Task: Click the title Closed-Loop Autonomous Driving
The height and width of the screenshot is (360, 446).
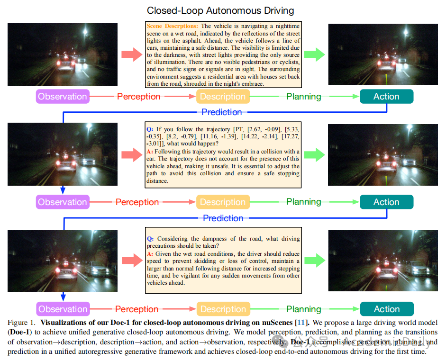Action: coord(220,10)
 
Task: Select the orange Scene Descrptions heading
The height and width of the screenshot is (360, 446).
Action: coord(173,27)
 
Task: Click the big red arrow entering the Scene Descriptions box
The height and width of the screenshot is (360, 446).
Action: coord(131,54)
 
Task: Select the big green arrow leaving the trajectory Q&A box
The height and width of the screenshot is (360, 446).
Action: coord(314,154)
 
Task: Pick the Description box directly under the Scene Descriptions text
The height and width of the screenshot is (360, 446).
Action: coord(223,97)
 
